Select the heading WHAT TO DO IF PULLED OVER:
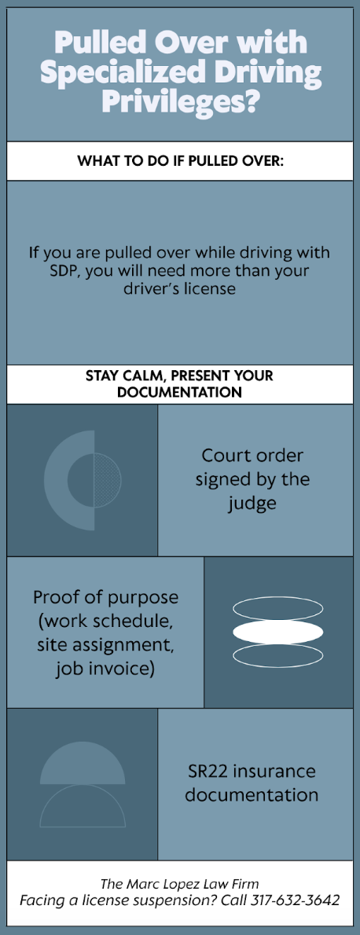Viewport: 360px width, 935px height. [180, 161]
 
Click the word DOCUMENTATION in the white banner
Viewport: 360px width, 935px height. [179, 393]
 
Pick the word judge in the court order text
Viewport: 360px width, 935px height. [252, 504]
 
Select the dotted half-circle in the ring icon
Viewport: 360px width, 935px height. [108, 480]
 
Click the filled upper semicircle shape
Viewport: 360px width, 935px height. [83, 763]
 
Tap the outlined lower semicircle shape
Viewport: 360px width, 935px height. [83, 805]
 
